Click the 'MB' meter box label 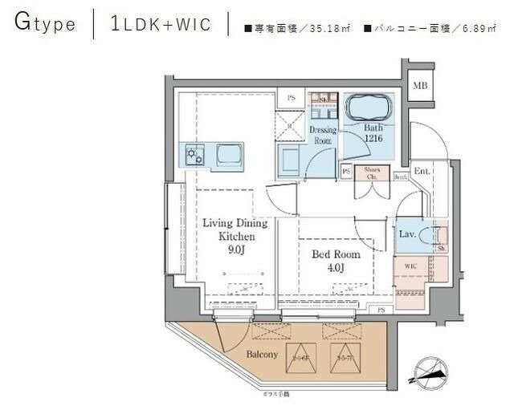[419, 86]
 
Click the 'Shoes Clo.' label [372, 174]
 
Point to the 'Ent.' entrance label [422, 170]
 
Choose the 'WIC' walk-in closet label [410, 264]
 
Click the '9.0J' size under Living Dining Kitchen [229, 251]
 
